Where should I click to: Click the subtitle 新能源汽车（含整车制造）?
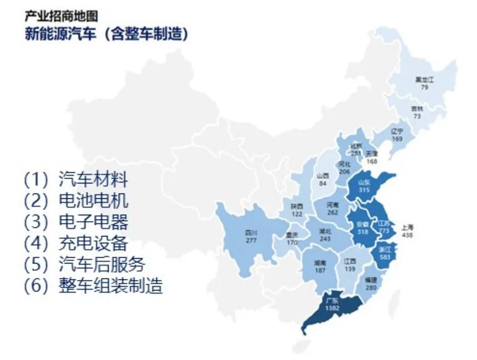click(106, 34)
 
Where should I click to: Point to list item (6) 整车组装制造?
click(93, 286)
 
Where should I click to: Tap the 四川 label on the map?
click(251, 232)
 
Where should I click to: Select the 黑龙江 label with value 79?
click(425, 80)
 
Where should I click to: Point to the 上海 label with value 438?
click(407, 227)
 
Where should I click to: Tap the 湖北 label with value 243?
click(325, 231)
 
